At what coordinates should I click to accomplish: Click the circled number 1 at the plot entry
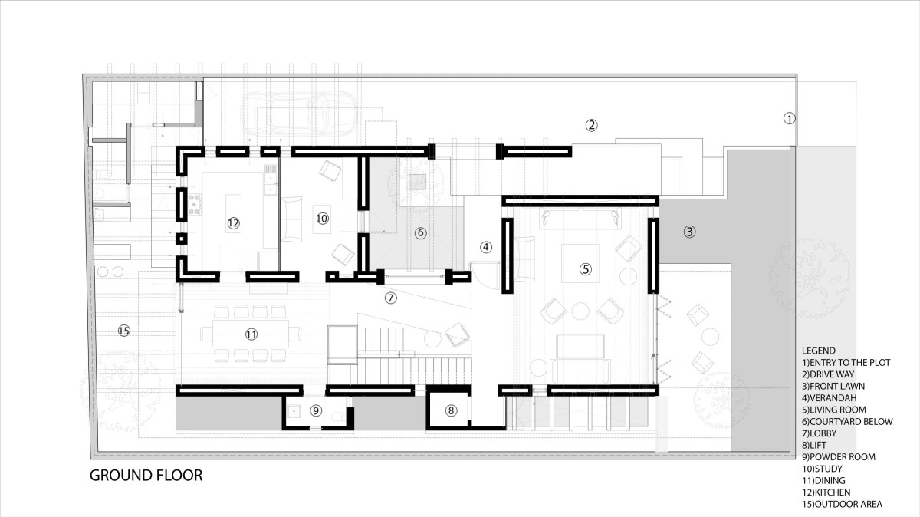pos(789,119)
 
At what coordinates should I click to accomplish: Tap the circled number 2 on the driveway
pos(591,125)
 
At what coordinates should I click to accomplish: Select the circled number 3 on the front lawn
pos(689,232)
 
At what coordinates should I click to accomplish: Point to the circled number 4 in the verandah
pos(486,248)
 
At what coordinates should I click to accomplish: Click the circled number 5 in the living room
pos(585,269)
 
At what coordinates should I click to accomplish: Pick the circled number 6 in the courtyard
pos(420,233)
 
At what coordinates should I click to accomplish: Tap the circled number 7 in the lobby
pos(390,298)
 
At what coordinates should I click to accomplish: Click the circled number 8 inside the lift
pos(451,410)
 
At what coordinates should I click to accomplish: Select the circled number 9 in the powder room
pos(315,410)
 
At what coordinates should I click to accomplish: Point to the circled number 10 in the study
pos(323,218)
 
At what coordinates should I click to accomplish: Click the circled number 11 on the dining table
pos(251,334)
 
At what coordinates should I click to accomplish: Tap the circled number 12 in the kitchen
pos(233,223)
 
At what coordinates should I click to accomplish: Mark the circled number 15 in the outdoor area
pos(123,331)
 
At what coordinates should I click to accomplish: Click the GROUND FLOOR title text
pos(146,476)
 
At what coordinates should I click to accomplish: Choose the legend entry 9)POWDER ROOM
pos(838,457)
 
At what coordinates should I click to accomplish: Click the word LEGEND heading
pos(819,351)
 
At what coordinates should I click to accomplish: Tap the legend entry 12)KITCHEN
pos(826,492)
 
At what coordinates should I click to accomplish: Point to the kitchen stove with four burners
pos(195,204)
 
